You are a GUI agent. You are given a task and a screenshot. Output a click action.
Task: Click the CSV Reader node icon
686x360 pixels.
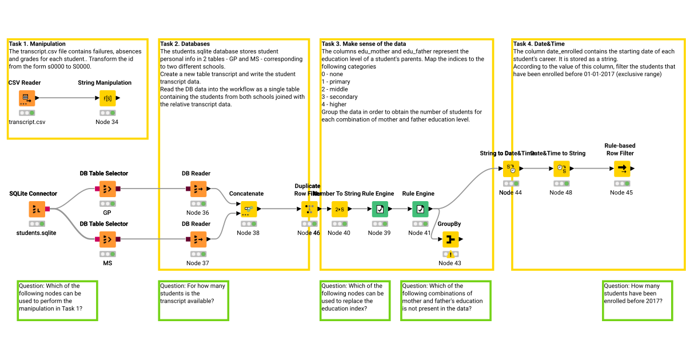[x=26, y=98]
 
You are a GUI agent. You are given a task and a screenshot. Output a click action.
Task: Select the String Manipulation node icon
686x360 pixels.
[x=107, y=98]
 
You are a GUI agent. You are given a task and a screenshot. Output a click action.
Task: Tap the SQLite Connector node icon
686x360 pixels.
[x=37, y=209]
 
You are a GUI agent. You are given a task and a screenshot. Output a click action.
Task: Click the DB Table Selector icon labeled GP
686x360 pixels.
[x=107, y=189]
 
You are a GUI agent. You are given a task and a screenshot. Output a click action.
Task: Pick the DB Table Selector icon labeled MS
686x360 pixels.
[x=107, y=239]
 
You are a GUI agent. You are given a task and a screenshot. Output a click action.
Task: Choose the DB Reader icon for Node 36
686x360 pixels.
[x=198, y=189]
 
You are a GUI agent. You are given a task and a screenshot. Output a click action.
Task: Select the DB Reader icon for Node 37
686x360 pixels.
[x=198, y=239]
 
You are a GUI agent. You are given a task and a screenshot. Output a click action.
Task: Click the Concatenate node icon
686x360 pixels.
[x=249, y=209]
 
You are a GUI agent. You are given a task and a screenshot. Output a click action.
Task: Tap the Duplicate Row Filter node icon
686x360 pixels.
[x=309, y=209]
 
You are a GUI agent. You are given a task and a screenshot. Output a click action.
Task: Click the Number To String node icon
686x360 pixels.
[x=340, y=209]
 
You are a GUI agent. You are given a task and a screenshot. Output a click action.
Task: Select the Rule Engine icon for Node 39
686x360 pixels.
[x=380, y=209]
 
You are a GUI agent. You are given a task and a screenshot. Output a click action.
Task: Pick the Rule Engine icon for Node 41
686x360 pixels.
[x=420, y=209]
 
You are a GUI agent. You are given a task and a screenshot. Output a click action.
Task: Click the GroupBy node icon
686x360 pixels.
[x=450, y=239]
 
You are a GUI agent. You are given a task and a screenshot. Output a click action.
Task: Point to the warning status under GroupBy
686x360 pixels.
[x=450, y=254]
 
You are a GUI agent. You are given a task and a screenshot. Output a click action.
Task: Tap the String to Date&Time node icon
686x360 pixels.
[x=511, y=169]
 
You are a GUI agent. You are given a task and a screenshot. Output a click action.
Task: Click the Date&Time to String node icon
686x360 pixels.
[x=561, y=169]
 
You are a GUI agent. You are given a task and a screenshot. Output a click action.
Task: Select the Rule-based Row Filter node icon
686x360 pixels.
[x=622, y=169]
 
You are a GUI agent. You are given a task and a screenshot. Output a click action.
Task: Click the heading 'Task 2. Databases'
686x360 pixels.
[x=185, y=44]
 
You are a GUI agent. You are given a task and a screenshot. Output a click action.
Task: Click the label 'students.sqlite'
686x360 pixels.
[x=37, y=233]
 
